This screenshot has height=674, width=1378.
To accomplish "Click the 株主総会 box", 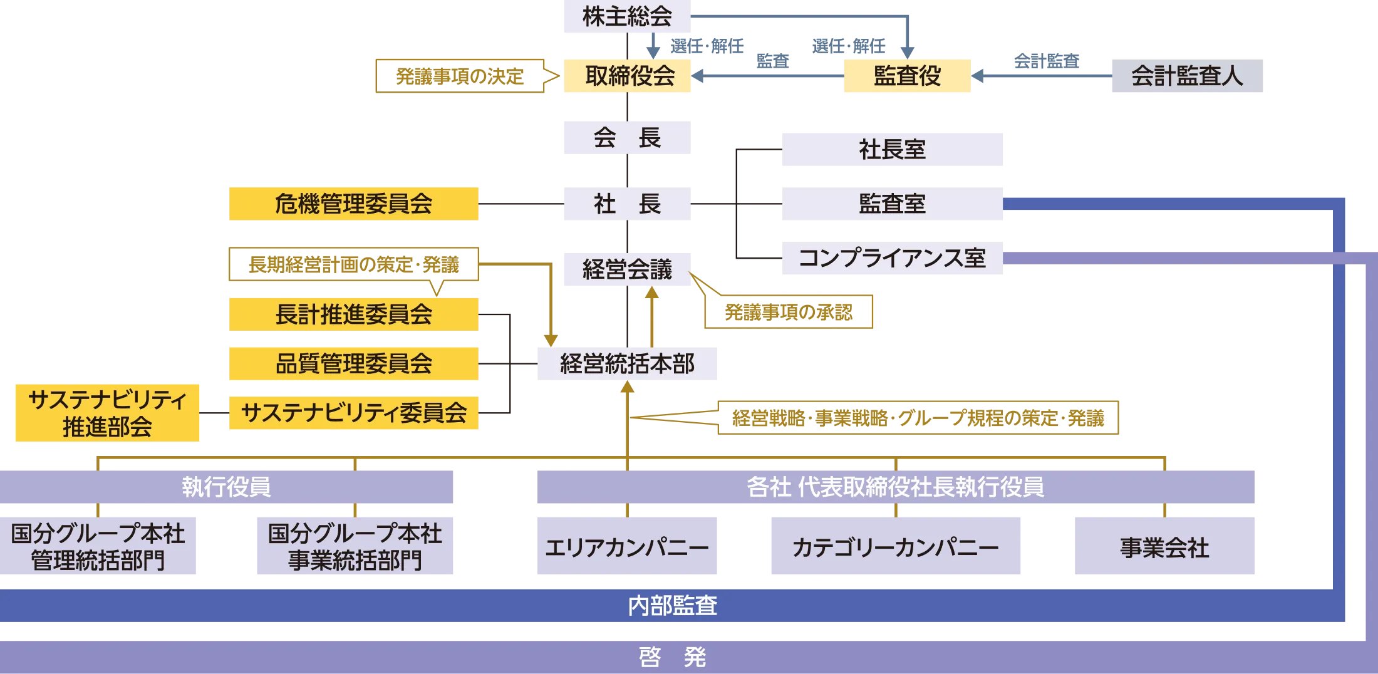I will (626, 17).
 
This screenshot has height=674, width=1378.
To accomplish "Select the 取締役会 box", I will (626, 76).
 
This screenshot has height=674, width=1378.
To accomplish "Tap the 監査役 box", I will (906, 76).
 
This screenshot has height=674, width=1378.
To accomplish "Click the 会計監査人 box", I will (1186, 76).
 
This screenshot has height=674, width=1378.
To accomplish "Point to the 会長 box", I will (626, 138).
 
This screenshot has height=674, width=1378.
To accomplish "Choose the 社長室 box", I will (893, 150).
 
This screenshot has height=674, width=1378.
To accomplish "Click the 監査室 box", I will (893, 204).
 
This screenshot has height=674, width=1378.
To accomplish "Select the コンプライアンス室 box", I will (893, 258).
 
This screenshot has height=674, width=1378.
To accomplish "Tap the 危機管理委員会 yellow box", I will (353, 204).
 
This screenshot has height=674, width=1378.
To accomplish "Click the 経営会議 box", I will (626, 270).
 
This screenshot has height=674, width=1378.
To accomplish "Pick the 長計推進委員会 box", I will (353, 314).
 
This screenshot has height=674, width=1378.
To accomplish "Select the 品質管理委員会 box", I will (353, 363).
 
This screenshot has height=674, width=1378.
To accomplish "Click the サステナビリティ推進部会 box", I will (107, 413).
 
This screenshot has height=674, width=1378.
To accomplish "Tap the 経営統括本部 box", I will (628, 363).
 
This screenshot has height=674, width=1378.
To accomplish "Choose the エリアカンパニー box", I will (628, 547).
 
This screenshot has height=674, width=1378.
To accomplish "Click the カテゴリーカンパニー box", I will (894, 547).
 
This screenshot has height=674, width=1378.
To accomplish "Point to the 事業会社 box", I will (1164, 547).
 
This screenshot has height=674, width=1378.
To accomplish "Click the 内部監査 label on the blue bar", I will (672, 606).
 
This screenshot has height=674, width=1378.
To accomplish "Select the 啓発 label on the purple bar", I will (672, 657).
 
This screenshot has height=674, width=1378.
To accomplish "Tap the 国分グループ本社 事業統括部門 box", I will (355, 547).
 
